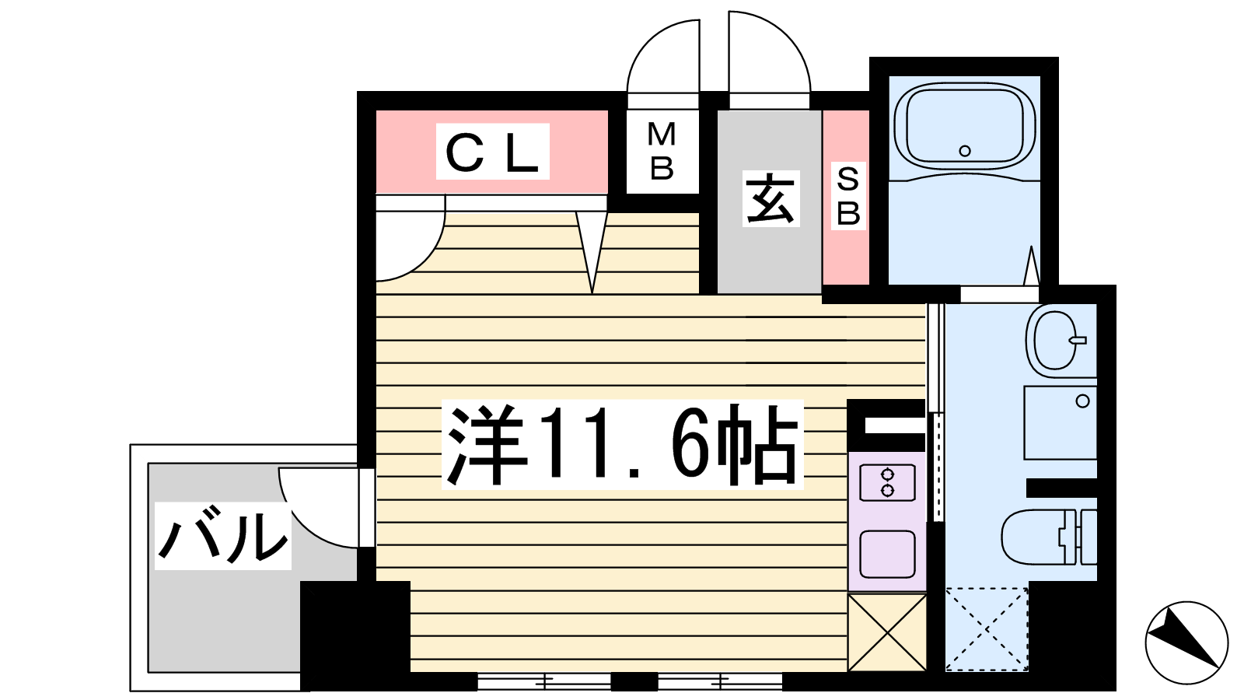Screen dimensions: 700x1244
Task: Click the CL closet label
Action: click(492, 152)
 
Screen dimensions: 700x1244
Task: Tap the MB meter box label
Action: click(662, 152)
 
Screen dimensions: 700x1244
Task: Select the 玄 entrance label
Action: click(771, 199)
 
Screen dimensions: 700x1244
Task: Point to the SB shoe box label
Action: click(847, 196)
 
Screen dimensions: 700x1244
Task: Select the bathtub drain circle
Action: click(965, 151)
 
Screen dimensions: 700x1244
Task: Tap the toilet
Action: click(1046, 537)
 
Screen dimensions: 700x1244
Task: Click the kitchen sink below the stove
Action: click(887, 554)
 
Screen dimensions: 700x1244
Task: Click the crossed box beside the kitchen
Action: click(887, 632)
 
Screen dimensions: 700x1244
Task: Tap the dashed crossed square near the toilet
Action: click(987, 628)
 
